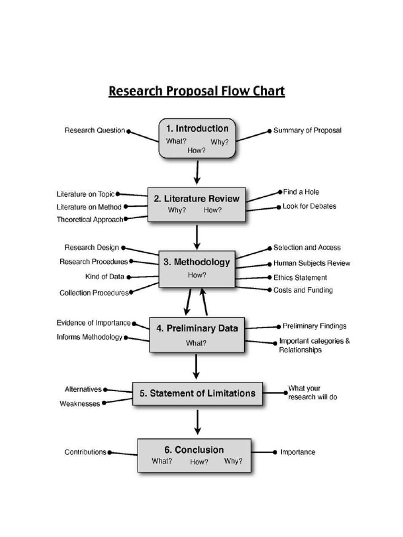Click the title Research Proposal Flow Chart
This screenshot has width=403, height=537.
[x=196, y=91]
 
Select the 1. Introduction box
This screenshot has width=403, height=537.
[x=197, y=138]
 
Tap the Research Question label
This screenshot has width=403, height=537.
[x=94, y=131]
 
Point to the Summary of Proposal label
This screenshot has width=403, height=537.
[x=307, y=131]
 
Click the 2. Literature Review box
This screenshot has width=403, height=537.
[x=196, y=204]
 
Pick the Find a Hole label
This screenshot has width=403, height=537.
[x=301, y=192]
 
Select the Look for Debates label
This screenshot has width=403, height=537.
[x=309, y=206]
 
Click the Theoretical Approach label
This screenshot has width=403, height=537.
[x=90, y=220]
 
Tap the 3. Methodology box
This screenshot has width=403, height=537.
[x=197, y=268]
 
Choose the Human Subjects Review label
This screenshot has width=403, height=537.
[x=312, y=263]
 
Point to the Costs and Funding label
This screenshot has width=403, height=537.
[x=303, y=290]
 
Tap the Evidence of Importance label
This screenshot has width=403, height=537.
[x=93, y=323]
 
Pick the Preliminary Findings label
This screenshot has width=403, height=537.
[x=314, y=326]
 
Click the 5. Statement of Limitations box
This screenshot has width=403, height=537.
[x=197, y=393]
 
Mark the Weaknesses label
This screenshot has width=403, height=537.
[x=80, y=404]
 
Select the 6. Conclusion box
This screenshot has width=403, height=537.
[x=194, y=455]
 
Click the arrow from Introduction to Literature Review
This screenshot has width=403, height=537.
[x=197, y=172]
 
